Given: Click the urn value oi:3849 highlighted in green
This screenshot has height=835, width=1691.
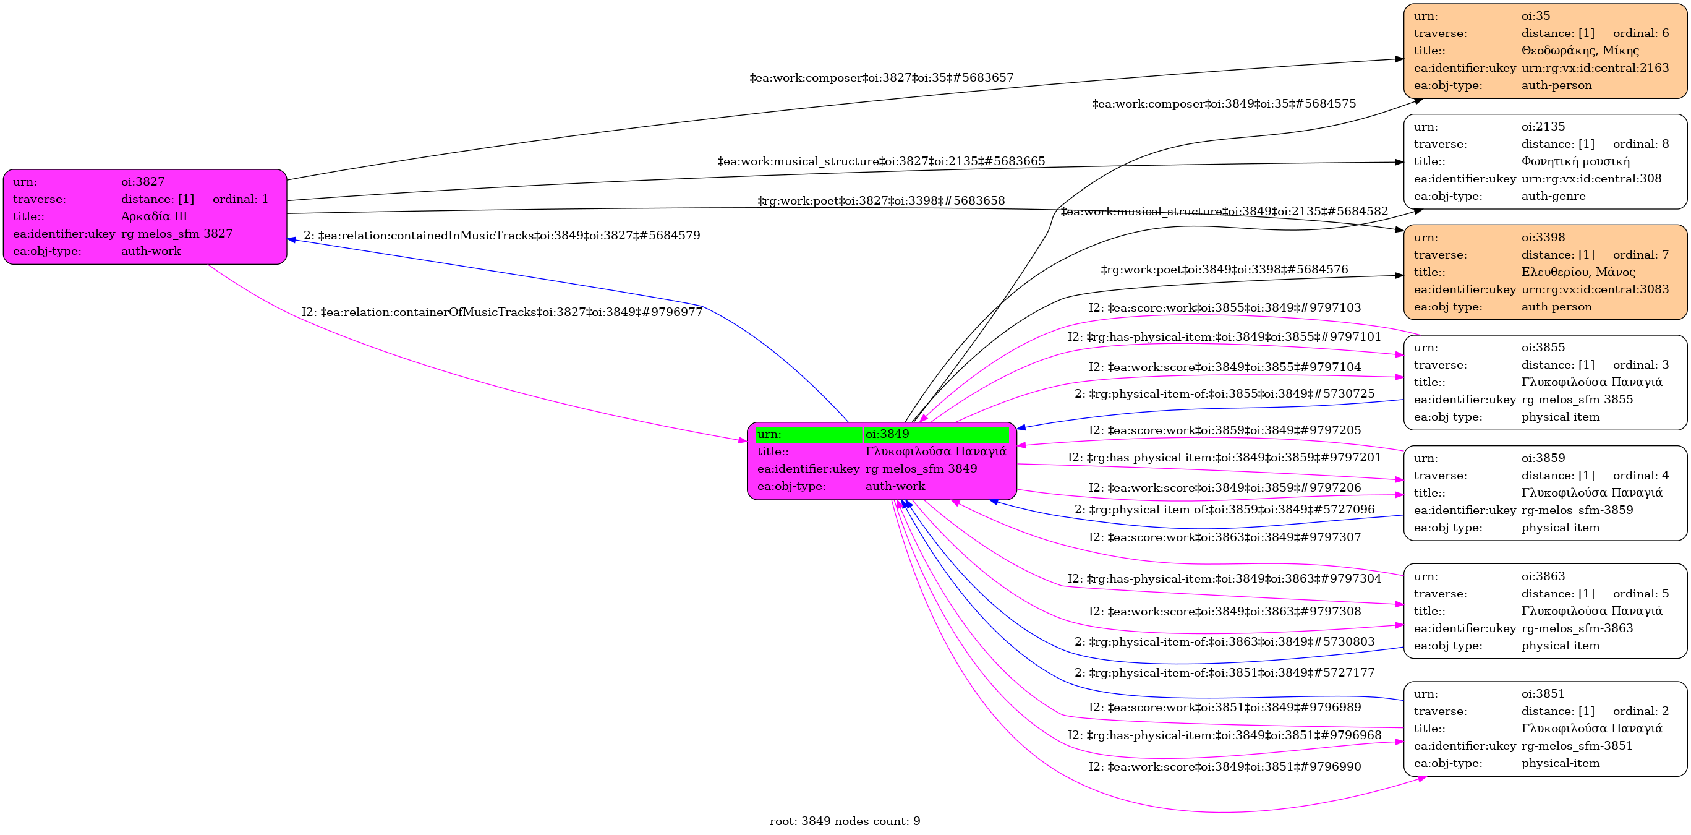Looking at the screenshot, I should pos(887,434).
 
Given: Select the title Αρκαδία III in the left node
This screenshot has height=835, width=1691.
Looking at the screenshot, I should pos(155,216).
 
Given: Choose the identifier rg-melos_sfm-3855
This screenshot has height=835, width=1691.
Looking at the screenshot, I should pos(1577,399).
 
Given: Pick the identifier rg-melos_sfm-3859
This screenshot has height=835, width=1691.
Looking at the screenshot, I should pos(1577,510).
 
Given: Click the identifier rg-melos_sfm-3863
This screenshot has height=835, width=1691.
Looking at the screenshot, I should pos(1577,628).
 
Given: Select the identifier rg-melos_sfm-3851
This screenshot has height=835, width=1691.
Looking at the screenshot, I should pos(1577,746).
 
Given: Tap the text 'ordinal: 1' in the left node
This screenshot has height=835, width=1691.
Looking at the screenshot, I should pos(241,199).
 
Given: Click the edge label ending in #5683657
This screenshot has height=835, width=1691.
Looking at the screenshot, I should pos(881,78).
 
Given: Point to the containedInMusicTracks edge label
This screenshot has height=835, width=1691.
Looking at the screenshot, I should pos(501,236).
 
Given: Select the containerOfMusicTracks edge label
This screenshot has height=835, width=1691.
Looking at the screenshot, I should pos(501,312).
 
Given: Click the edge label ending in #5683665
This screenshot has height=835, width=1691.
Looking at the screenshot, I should pos(881,161).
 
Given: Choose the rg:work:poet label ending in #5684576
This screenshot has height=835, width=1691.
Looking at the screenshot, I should pos(1224,270).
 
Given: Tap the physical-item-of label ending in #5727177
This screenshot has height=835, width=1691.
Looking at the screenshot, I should pos(1224,673).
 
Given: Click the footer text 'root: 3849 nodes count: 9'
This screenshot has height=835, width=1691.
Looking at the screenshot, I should pos(845,821).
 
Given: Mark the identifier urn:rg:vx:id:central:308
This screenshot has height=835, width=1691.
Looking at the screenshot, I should pos(1591,179).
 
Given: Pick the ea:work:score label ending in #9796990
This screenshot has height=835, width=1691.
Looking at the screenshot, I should pos(1224,767).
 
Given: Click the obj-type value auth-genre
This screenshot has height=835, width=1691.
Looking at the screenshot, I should pos(1553,196).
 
